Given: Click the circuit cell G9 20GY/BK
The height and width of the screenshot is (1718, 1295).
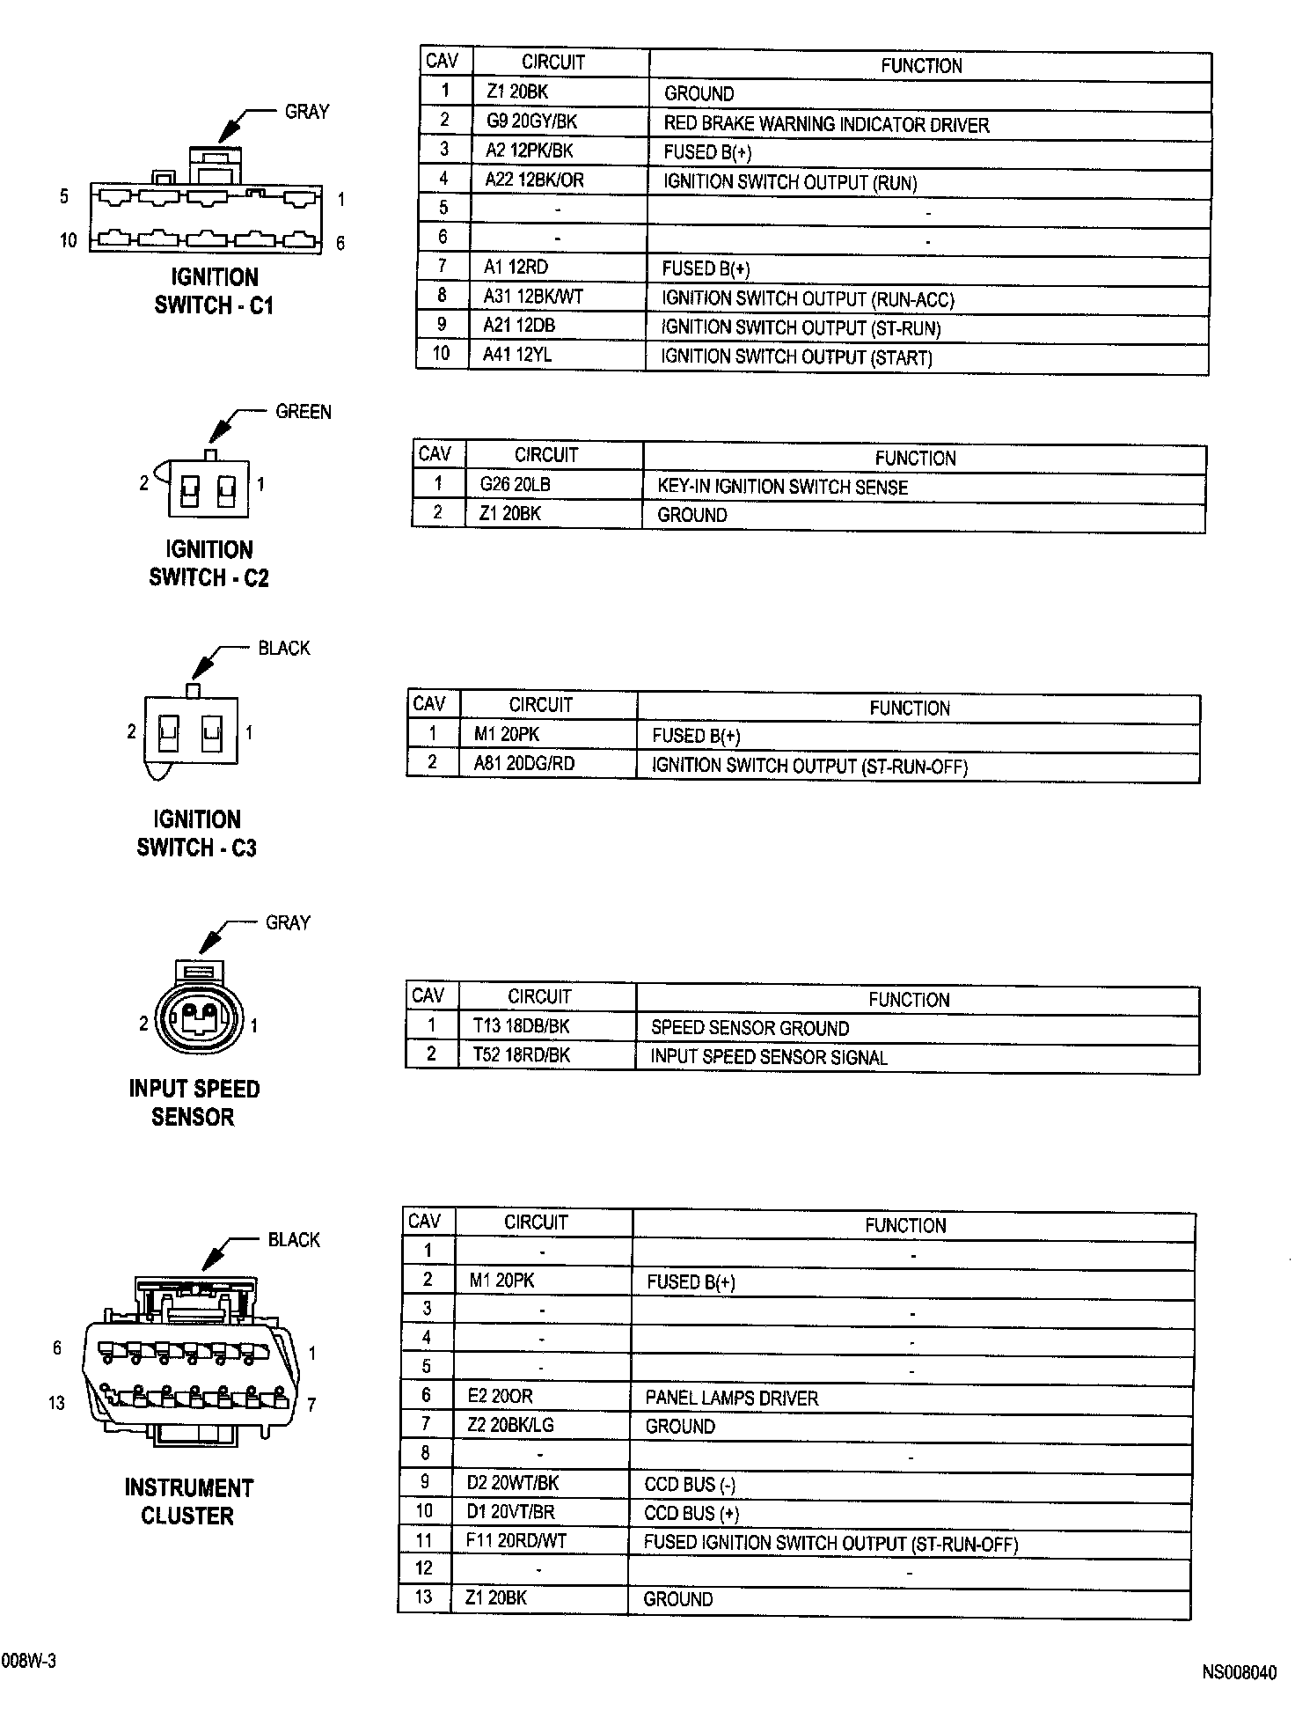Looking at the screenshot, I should [x=531, y=121].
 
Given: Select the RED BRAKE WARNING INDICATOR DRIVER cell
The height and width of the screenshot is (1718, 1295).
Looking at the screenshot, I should [x=826, y=125].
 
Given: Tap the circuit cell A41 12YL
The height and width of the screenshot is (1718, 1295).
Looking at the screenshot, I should [x=517, y=355].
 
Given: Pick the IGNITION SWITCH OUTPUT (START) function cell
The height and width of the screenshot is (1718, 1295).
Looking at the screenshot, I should [x=796, y=357].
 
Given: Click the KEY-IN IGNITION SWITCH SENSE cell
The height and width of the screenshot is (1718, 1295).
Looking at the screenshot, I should [x=782, y=487].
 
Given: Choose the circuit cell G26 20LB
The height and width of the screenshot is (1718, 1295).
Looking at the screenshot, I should [x=515, y=484].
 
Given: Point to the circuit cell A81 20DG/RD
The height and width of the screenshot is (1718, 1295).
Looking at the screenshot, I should [x=523, y=763].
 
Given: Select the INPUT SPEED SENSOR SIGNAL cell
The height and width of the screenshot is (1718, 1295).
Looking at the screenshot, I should [x=768, y=1057].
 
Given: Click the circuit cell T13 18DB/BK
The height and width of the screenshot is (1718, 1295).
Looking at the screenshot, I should [x=521, y=1025].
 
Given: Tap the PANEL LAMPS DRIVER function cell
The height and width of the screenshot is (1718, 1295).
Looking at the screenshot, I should [x=731, y=1399].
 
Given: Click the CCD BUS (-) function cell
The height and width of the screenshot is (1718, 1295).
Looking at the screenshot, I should [x=690, y=1485].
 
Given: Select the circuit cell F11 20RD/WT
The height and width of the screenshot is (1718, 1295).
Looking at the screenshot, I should [x=516, y=1541].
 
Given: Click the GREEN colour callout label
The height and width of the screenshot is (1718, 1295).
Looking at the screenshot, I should [x=304, y=412].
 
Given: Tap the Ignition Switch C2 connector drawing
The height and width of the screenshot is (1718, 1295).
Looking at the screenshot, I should [x=208, y=488].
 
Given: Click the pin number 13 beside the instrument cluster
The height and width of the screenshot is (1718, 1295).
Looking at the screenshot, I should [x=56, y=1403].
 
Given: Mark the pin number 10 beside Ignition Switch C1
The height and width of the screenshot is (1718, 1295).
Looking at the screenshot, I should [x=68, y=240].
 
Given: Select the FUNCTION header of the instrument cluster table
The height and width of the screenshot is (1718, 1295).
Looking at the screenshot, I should [x=905, y=1225].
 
